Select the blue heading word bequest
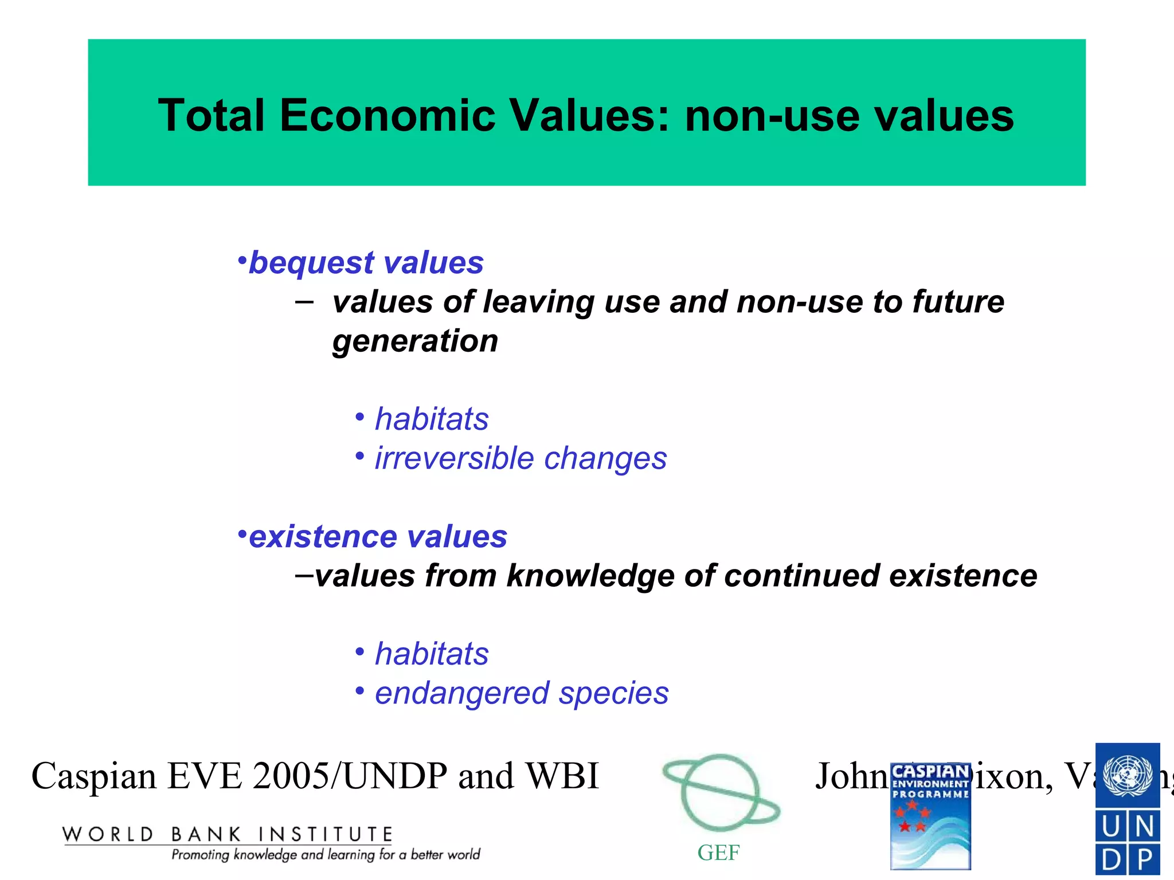pos(311,264)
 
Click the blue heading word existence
pos(323,537)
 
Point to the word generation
pos(415,341)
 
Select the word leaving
pos(539,303)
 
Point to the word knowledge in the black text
pos(590,576)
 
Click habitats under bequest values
pos(432,419)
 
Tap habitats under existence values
pos(432,654)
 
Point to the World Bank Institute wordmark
pos(227,835)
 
